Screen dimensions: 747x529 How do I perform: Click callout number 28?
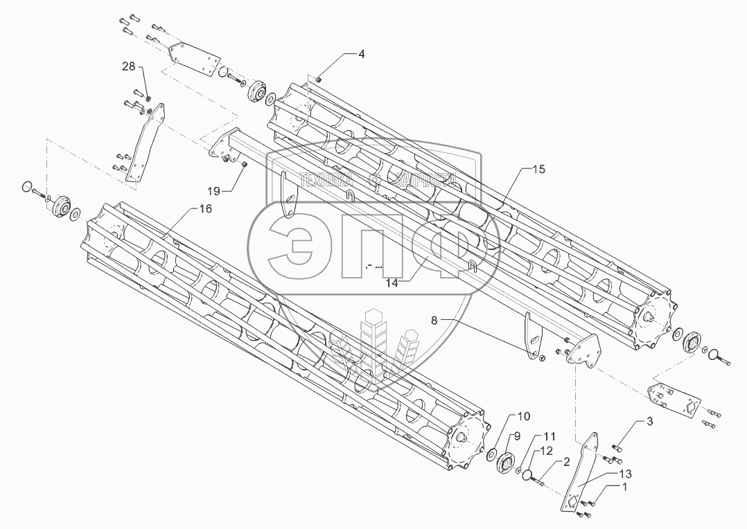pyautogui.click(x=130, y=66)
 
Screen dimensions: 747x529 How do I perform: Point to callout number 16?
pyautogui.click(x=205, y=208)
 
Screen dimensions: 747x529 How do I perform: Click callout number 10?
pyautogui.click(x=524, y=416)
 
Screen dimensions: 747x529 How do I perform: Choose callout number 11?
pyautogui.click(x=550, y=437)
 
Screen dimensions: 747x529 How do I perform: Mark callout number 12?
pyautogui.click(x=547, y=451)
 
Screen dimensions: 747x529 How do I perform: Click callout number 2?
pyautogui.click(x=565, y=460)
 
